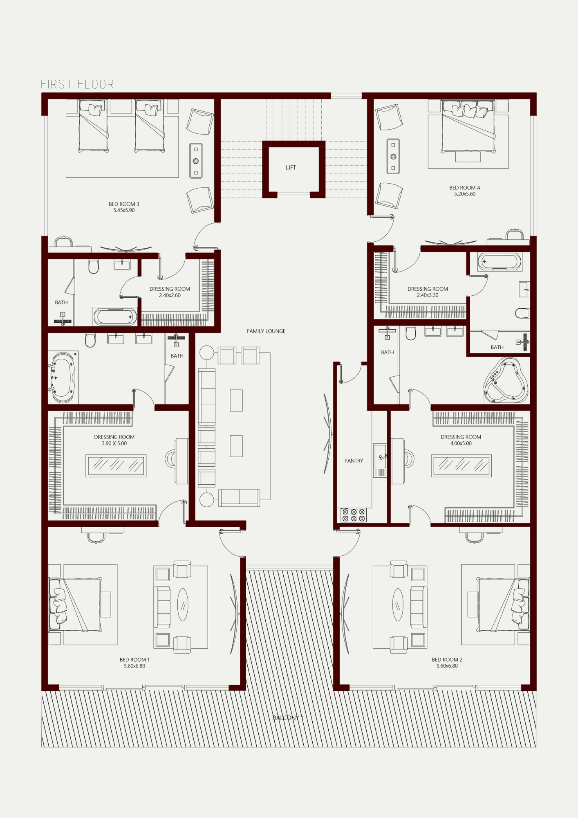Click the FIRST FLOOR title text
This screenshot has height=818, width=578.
coord(77,84)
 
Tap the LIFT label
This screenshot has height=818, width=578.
coord(291,167)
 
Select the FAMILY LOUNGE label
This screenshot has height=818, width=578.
coord(266,331)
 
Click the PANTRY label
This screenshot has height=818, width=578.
coord(354,461)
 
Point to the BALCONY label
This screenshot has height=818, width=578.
coord(288,717)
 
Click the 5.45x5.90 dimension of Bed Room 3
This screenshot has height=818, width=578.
coord(124,210)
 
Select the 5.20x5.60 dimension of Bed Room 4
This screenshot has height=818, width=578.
coord(465,194)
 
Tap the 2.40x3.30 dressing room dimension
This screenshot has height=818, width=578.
coord(428,295)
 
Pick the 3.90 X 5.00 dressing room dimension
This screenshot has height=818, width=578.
coord(114,443)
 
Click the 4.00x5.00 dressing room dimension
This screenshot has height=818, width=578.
coord(461,443)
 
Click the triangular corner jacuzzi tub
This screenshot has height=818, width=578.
coord(506,380)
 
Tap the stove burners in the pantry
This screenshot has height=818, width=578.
coord(354,515)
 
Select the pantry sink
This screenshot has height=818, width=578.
coord(380,456)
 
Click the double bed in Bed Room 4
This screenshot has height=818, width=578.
coord(468,126)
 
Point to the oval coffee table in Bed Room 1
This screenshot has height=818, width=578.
coord(183,605)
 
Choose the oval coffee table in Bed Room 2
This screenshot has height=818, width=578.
coord(398,605)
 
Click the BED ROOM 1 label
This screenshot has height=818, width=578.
coord(134,660)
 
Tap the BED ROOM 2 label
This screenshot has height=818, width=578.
coord(447,660)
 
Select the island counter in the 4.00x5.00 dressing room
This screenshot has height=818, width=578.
coord(461,466)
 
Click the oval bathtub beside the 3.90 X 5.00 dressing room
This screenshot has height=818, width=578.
coord(62,377)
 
